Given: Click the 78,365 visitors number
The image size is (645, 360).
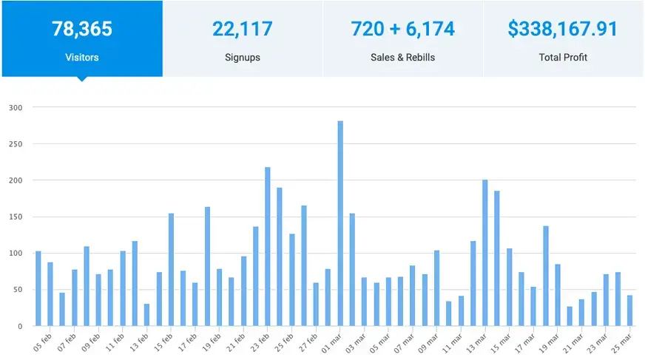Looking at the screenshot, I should (x=81, y=29).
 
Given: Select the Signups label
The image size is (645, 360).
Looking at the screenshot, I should (x=243, y=57).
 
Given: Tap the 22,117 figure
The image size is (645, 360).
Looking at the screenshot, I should (x=243, y=29).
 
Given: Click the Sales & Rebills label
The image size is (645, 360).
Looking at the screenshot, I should (x=403, y=57).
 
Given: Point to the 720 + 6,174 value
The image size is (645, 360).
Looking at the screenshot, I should (x=403, y=29).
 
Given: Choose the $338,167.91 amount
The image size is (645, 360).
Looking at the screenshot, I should (x=564, y=29).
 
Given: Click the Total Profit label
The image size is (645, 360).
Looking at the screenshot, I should (x=564, y=57).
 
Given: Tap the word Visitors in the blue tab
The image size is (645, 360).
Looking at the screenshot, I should (x=81, y=57).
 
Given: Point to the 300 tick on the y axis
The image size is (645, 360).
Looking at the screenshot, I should (x=16, y=107).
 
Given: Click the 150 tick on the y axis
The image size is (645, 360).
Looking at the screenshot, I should (x=16, y=217).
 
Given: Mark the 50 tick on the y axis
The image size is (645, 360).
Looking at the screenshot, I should (x=18, y=290).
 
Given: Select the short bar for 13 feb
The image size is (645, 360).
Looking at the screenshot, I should (x=146, y=315).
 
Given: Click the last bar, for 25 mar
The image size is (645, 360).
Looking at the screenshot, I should (x=629, y=310).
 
